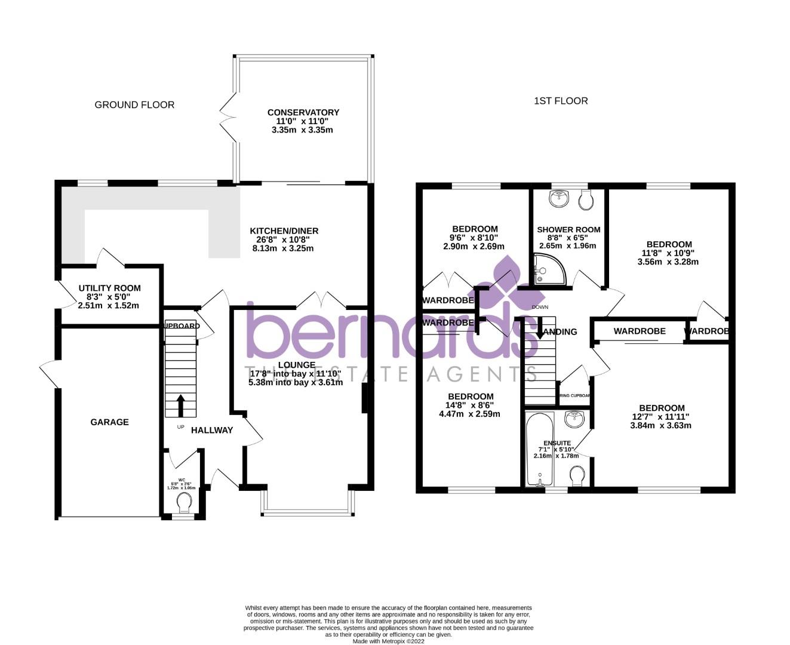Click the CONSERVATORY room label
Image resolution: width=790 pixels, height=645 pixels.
(x=303, y=112)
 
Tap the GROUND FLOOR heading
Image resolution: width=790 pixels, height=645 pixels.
(x=134, y=105)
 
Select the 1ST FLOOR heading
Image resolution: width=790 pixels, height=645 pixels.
(x=560, y=101)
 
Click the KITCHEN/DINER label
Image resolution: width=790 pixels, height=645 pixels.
(x=284, y=231)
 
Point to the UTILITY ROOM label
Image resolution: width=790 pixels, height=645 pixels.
(x=109, y=288)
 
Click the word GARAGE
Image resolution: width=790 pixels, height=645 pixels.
(x=109, y=422)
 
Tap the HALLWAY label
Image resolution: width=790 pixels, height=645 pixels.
(x=212, y=430)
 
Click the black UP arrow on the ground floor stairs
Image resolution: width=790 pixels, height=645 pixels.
(x=180, y=404)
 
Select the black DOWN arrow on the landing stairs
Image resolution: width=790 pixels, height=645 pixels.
(x=539, y=328)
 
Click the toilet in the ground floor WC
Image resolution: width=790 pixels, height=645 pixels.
(x=183, y=505)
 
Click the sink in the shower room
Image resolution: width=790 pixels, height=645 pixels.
(x=560, y=199)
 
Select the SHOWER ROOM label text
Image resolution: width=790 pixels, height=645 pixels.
(x=568, y=230)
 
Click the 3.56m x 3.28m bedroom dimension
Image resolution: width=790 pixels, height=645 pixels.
(x=668, y=262)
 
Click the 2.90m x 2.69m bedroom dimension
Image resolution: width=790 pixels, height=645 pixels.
(x=474, y=246)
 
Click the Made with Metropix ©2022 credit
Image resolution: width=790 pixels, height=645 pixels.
(x=388, y=641)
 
